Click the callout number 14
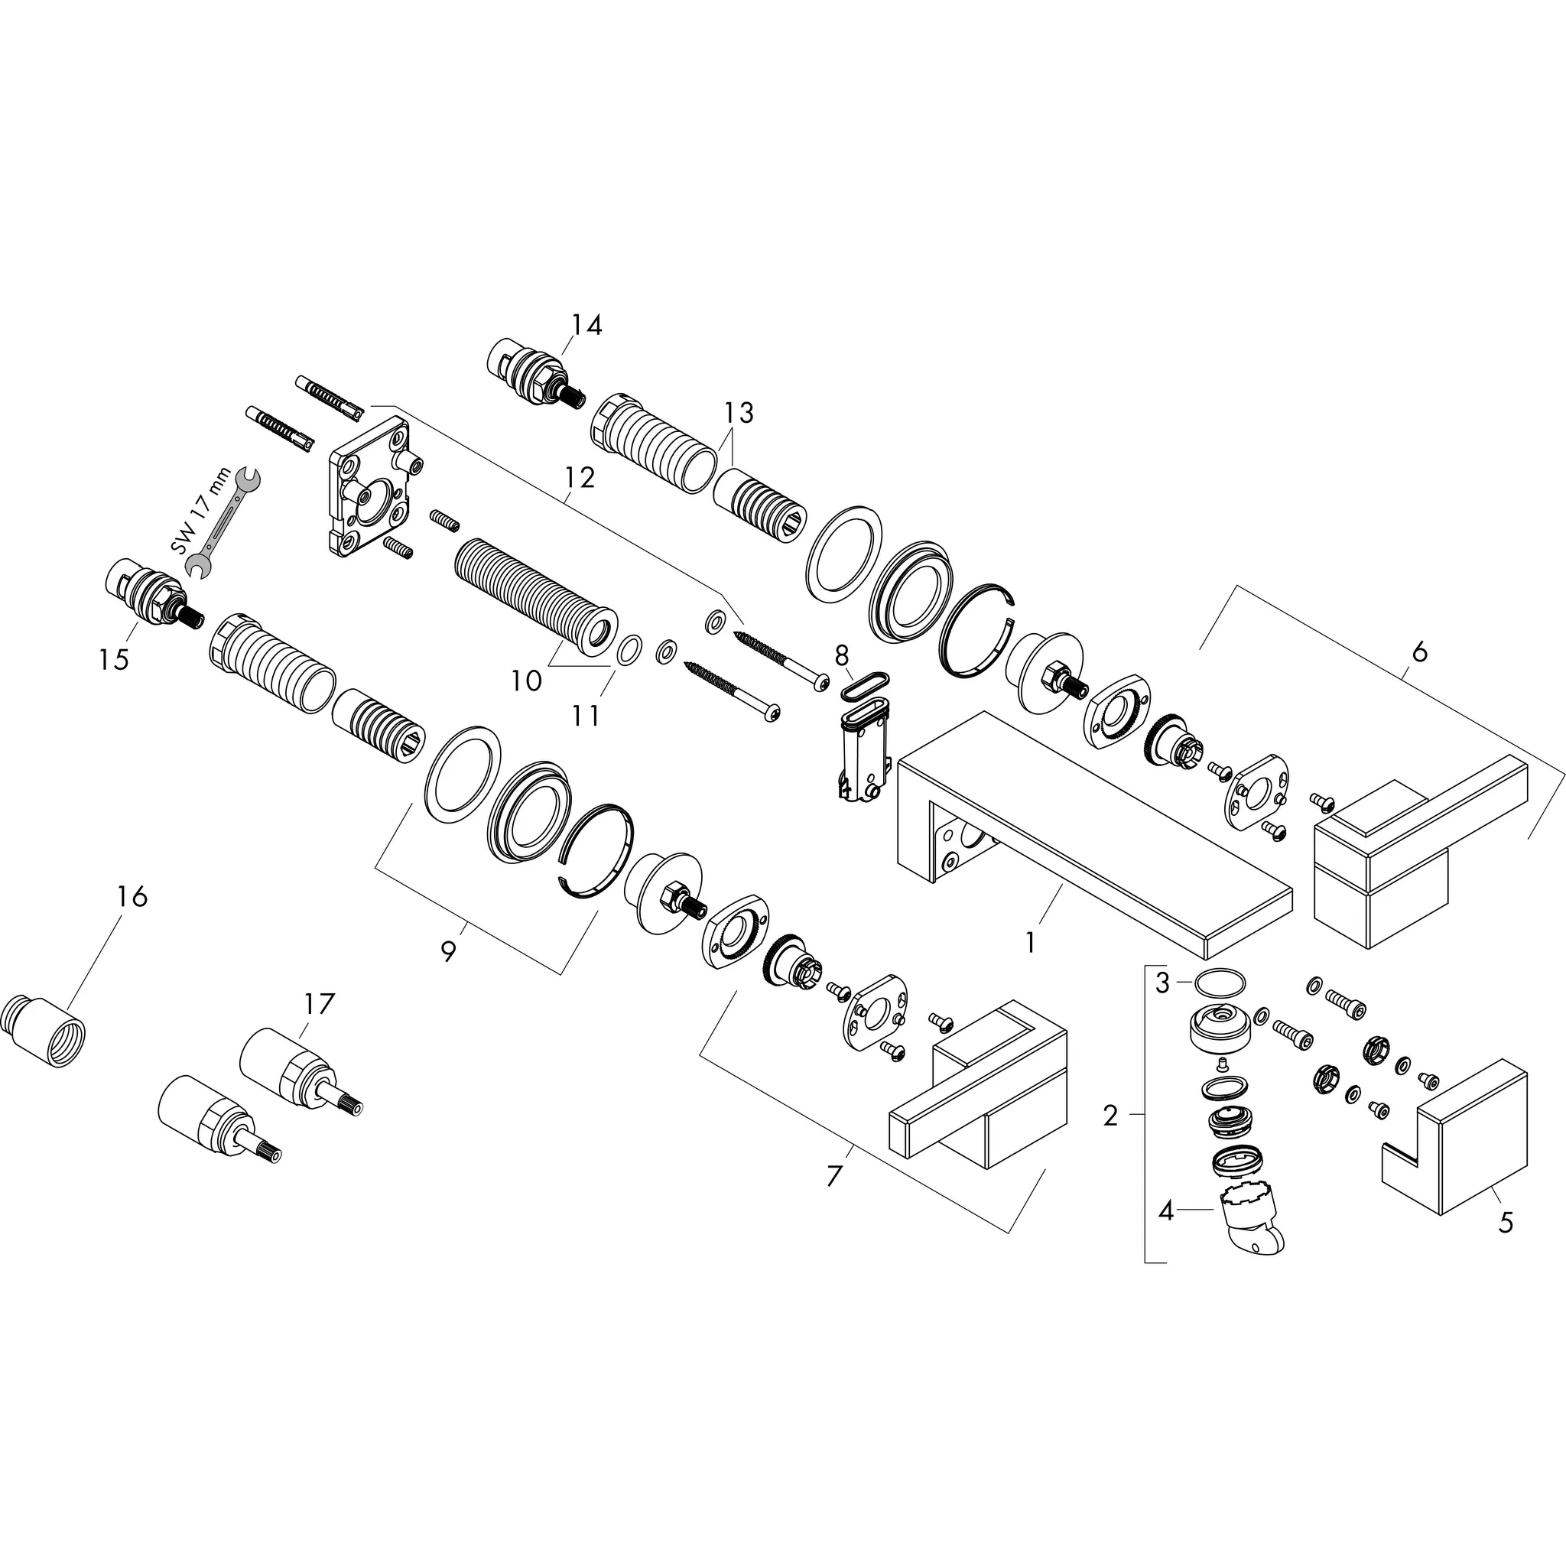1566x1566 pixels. tap(586, 325)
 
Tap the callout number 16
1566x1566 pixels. tap(132, 896)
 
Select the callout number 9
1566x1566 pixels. tap(448, 950)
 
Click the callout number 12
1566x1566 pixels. tap(580, 477)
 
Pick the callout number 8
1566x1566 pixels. tap(841, 654)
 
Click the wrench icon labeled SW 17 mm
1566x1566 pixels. tap(226, 525)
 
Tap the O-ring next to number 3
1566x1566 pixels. tap(1217, 982)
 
